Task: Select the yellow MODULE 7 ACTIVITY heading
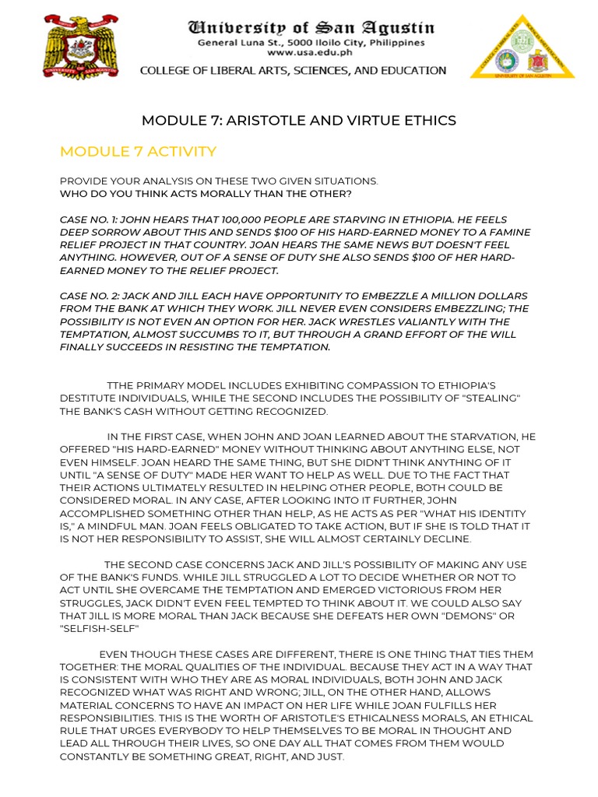click(x=138, y=151)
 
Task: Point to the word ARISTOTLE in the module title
click(x=262, y=120)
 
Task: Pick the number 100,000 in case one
click(x=230, y=220)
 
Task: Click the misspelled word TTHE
click(x=122, y=385)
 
